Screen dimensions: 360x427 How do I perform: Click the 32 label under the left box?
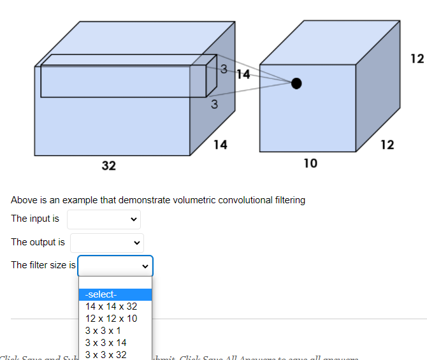(x=109, y=166)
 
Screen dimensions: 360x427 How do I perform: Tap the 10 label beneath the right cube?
(x=310, y=163)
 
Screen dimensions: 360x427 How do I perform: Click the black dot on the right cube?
(x=296, y=83)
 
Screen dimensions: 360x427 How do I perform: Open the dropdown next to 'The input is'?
(x=103, y=219)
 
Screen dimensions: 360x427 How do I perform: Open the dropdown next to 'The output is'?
(x=106, y=243)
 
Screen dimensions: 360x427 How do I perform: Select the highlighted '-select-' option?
(x=115, y=294)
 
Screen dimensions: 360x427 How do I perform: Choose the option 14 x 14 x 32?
(x=111, y=306)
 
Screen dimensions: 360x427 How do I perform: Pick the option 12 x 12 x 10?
(x=111, y=319)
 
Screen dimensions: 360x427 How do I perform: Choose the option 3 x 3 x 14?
(x=106, y=343)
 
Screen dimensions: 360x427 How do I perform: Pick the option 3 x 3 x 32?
(x=106, y=354)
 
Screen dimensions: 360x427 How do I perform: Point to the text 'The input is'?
(x=35, y=219)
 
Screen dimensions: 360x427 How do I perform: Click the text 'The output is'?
(x=38, y=242)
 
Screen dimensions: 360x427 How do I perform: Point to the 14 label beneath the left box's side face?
(x=220, y=145)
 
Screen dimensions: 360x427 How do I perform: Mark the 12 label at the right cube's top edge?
(x=417, y=59)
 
